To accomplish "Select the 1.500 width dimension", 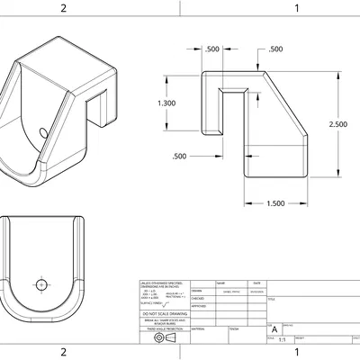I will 277,203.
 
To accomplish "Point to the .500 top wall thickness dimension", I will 275,49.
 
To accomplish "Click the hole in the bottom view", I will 40,284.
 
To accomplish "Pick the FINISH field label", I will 233,329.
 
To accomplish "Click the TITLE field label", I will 273,299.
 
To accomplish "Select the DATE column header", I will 256,283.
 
